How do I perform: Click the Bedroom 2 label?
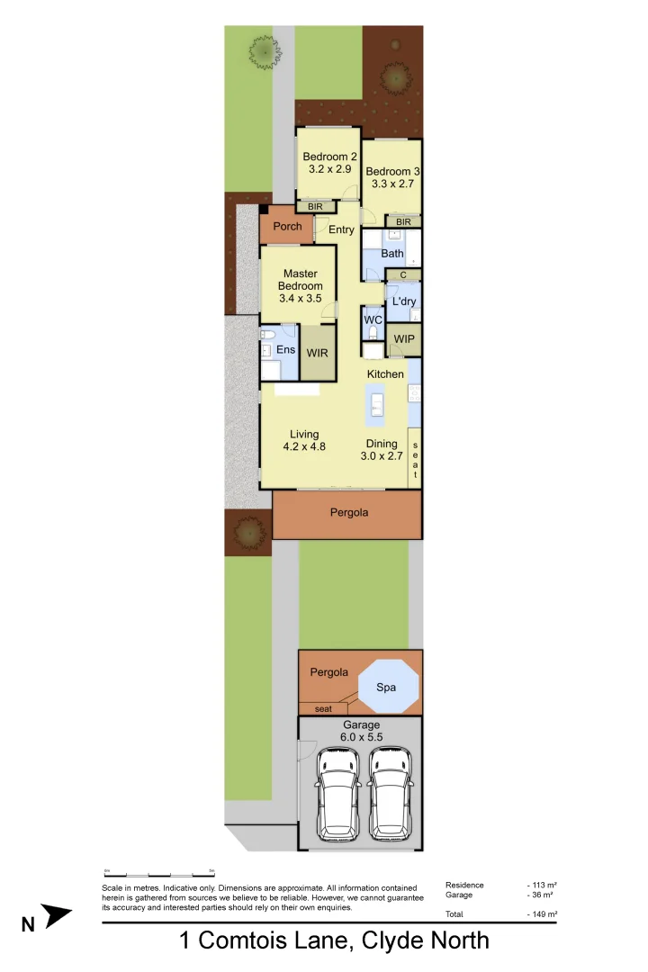tap(329, 157)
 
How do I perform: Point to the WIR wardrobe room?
tap(317, 353)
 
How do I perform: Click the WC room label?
tap(373, 319)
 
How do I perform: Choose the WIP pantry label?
tap(404, 338)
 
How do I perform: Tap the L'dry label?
tap(402, 301)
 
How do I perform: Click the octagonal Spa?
tap(389, 686)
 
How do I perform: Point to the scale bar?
tap(158, 873)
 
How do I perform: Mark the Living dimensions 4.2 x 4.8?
tap(304, 447)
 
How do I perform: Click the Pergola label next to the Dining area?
tap(349, 513)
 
